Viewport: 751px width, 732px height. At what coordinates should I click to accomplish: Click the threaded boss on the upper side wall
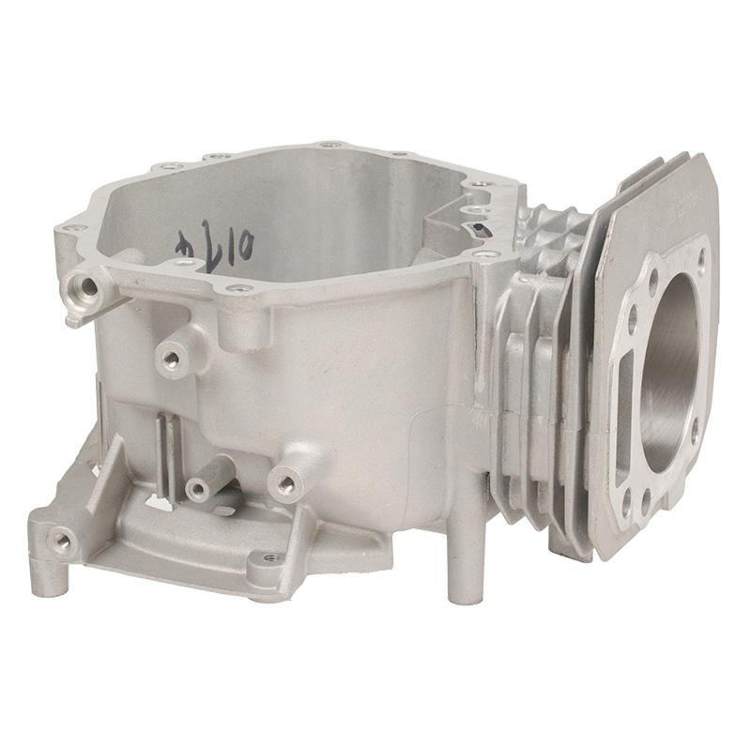click(172, 355)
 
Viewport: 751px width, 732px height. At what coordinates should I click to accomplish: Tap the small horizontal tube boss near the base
click(201, 488)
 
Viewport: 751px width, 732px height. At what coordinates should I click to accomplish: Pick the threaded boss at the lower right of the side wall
click(283, 482)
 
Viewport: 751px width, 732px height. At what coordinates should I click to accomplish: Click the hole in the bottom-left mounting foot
click(63, 538)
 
